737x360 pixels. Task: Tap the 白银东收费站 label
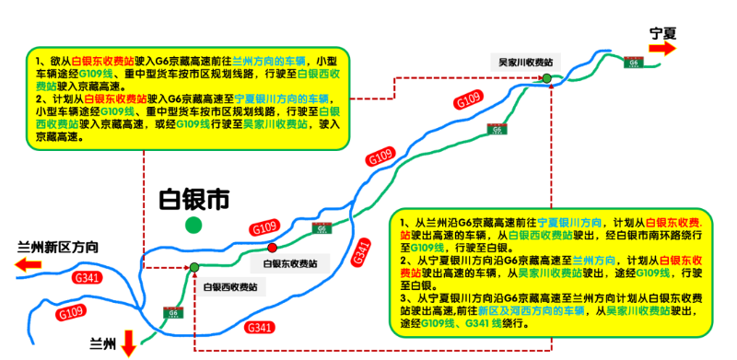(x=289, y=263)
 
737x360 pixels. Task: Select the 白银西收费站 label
(x=229, y=287)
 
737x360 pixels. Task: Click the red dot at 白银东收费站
(x=272, y=248)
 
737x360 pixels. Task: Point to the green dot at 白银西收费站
(x=194, y=267)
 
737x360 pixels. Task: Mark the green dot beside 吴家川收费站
(x=546, y=78)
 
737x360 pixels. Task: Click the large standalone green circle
(x=193, y=224)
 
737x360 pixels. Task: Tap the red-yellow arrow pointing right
(x=662, y=48)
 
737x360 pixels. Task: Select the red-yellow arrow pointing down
(x=128, y=343)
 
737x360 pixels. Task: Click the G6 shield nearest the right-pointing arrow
(x=633, y=62)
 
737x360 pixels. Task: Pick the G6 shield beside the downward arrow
(x=171, y=313)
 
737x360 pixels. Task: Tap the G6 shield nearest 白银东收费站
(x=321, y=227)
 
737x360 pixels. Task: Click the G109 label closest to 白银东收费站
(x=264, y=227)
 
